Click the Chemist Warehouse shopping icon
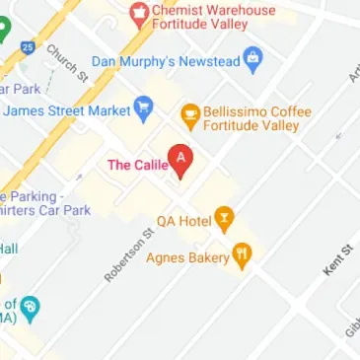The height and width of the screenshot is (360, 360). tap(138, 14)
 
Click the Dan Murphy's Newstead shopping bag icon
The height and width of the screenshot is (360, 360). tap(252, 60)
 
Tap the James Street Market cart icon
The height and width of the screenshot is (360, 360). tap(144, 109)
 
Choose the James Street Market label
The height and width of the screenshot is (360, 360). tap(66, 110)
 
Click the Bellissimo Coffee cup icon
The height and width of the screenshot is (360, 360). tap(189, 117)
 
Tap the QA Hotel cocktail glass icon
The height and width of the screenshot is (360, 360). tap(225, 219)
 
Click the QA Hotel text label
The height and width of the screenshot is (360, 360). tap(184, 221)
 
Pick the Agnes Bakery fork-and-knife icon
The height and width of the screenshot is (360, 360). tap(242, 257)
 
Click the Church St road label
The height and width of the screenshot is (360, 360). tap(68, 63)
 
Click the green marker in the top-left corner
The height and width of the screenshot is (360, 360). tap(5, 28)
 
